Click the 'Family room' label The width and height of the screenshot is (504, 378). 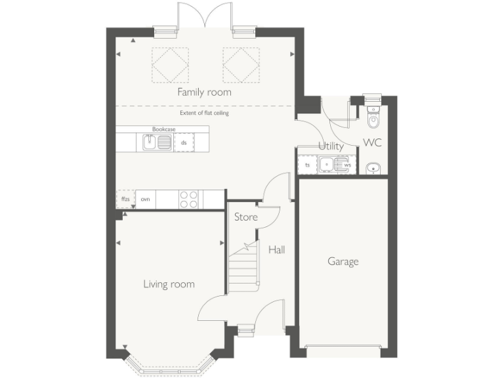(x=204, y=93)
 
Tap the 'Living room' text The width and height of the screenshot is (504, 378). (x=169, y=284)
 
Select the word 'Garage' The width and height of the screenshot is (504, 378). (x=343, y=262)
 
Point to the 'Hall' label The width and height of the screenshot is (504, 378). (x=276, y=249)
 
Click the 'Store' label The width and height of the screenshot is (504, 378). (x=245, y=217)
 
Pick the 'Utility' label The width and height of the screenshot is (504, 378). (x=331, y=146)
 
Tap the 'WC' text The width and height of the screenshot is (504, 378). (x=372, y=142)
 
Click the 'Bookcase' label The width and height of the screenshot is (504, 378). (x=163, y=130)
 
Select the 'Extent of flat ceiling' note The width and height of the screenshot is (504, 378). (x=203, y=113)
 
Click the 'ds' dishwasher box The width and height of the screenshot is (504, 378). (x=184, y=142)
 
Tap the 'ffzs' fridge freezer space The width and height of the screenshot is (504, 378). (x=125, y=199)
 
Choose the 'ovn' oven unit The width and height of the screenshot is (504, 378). (x=146, y=199)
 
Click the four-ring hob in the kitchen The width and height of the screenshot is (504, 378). (x=189, y=199)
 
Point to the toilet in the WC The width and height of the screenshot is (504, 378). (x=373, y=118)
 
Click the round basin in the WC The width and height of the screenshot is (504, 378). (x=372, y=168)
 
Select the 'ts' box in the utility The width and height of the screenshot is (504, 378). (x=307, y=165)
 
